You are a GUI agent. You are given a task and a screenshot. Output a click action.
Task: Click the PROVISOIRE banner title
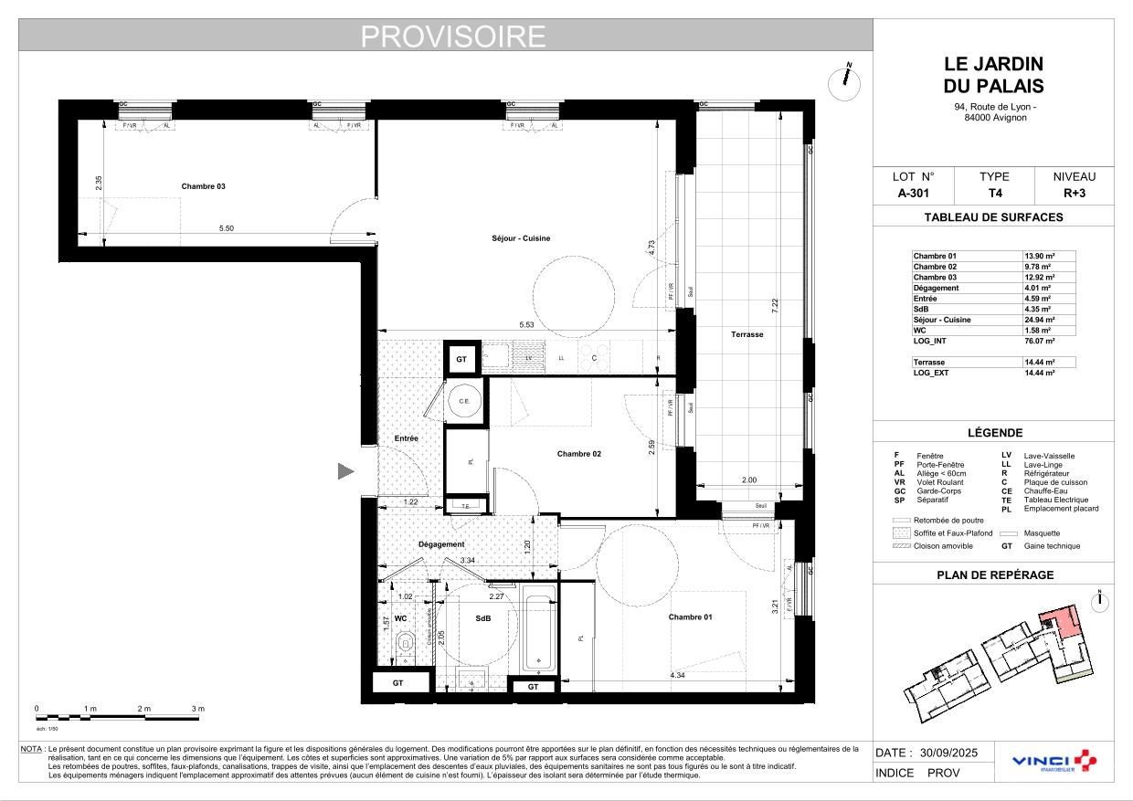click(x=453, y=36)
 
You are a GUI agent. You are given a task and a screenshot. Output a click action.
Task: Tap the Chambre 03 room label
click(x=203, y=186)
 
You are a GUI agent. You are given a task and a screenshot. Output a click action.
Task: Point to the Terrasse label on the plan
click(x=747, y=334)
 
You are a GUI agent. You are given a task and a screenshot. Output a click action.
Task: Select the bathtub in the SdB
click(x=538, y=631)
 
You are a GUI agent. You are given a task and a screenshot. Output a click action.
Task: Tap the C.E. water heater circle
click(x=464, y=401)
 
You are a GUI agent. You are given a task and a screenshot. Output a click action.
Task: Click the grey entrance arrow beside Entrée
click(x=346, y=471)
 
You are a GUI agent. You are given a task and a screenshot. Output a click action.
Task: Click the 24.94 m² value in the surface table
click(x=1039, y=320)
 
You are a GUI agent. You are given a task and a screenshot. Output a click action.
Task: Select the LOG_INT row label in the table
click(x=930, y=341)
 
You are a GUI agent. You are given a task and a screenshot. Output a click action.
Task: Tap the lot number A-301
click(x=915, y=194)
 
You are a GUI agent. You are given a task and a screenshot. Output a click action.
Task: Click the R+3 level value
click(x=1074, y=194)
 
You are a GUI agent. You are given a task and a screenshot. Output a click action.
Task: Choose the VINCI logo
click(x=1054, y=761)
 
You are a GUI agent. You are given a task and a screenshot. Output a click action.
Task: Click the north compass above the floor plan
click(x=844, y=83)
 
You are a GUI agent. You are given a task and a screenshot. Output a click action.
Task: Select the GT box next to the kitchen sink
click(x=461, y=360)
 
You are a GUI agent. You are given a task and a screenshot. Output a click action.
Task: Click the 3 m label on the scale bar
click(x=198, y=709)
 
